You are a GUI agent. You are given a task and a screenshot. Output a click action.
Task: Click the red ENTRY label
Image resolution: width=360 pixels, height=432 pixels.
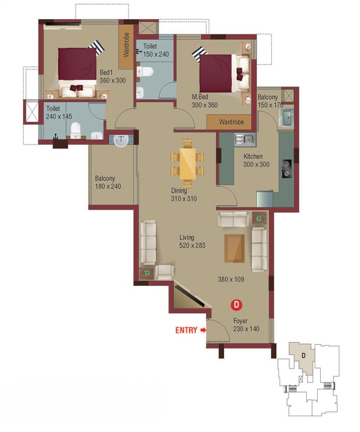click(x=187, y=330)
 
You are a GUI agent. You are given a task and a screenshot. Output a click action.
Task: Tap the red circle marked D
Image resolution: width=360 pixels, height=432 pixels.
click(x=236, y=305)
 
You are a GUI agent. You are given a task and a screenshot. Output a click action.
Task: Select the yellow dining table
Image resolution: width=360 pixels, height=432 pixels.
click(x=188, y=164)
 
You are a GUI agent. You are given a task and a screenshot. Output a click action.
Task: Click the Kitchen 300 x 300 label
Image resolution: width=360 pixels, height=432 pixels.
click(x=256, y=160)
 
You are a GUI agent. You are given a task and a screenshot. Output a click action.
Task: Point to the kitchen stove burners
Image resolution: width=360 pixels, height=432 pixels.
click(x=287, y=169)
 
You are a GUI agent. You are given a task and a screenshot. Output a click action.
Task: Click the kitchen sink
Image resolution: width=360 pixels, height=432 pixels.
click(x=245, y=140)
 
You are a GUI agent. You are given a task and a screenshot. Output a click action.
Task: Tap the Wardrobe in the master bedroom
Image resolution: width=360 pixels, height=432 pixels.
click(x=229, y=122)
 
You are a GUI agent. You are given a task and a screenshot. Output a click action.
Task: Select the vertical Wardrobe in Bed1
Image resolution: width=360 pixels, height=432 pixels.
click(x=126, y=47)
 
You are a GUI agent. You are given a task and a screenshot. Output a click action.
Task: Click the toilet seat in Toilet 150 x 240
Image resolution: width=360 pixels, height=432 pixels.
click(x=145, y=72)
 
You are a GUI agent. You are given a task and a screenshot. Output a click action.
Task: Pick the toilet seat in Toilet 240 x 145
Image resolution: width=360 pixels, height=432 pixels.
click(x=76, y=131)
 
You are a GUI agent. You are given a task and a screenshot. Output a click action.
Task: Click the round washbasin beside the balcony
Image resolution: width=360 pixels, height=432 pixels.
click(x=121, y=140)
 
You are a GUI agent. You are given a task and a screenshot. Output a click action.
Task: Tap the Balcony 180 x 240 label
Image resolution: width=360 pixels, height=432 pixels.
click(x=108, y=182)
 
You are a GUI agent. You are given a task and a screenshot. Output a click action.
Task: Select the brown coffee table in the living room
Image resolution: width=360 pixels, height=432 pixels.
click(x=234, y=248)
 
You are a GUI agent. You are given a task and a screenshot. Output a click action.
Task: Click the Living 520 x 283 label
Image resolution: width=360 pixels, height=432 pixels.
click(x=192, y=241)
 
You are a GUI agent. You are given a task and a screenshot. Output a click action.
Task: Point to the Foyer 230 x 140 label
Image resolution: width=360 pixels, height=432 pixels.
click(x=246, y=325)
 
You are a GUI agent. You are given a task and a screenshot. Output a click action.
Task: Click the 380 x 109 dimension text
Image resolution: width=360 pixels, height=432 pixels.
click(x=231, y=279)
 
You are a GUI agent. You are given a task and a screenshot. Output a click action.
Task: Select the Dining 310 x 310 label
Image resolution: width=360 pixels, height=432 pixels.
click(x=184, y=195)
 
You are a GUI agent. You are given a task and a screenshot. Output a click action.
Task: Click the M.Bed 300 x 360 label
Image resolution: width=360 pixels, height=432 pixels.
click(x=204, y=101)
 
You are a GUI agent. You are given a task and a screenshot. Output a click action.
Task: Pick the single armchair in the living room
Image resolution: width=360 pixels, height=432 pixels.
click(x=165, y=272)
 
